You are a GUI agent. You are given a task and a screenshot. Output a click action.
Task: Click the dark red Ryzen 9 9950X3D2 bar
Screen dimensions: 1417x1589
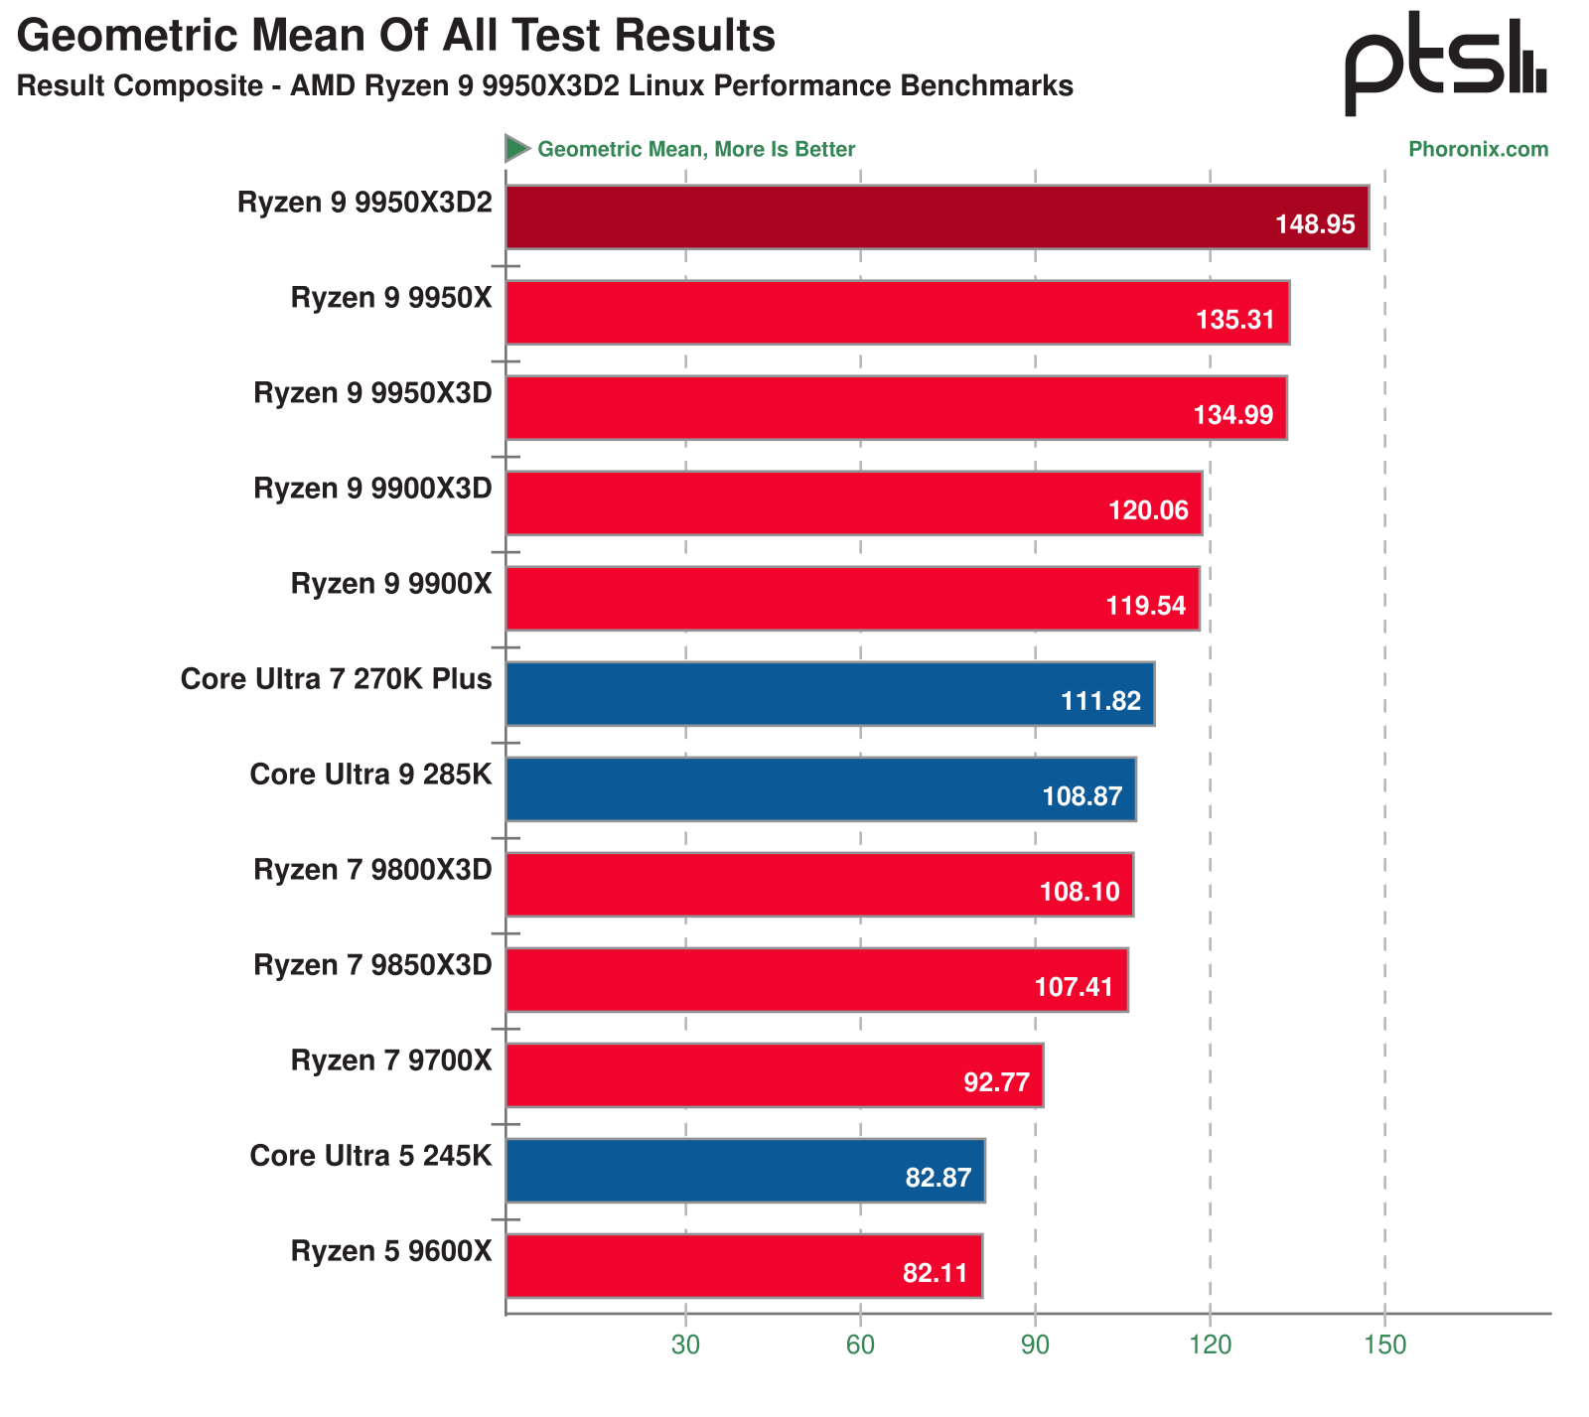click(x=937, y=216)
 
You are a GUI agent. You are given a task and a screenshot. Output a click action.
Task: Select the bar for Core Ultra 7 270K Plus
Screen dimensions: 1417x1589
click(x=829, y=693)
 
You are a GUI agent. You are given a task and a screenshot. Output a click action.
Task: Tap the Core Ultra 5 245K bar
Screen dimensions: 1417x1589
click(x=745, y=1170)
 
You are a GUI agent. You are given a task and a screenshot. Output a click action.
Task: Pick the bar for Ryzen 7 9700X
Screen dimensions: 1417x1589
click(x=774, y=1074)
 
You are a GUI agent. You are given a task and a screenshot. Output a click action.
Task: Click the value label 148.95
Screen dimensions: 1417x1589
click(x=1315, y=224)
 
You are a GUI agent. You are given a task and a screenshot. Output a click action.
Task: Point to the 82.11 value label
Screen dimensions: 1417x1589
click(x=935, y=1273)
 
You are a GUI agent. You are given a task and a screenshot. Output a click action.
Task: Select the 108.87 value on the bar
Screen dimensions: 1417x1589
click(x=1082, y=796)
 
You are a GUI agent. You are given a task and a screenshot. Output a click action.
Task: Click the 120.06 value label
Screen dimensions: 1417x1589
click(x=1148, y=510)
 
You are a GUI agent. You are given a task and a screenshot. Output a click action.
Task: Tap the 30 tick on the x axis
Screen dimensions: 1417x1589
click(x=685, y=1345)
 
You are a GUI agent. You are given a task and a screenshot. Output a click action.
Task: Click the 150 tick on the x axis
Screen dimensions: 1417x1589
click(x=1385, y=1345)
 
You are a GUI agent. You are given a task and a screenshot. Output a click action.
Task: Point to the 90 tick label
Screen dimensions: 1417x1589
click(x=1035, y=1345)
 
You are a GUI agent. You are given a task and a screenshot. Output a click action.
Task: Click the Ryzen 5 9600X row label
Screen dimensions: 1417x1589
click(x=391, y=1251)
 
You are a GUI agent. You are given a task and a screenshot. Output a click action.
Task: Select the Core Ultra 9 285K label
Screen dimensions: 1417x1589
click(x=370, y=775)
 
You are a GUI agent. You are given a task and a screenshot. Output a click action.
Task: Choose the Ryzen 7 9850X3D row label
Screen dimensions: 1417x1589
click(x=372, y=965)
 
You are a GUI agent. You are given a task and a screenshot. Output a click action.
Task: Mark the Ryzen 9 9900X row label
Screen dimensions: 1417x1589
click(x=391, y=584)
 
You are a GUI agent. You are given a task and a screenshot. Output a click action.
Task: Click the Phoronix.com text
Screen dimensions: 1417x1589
click(x=1478, y=149)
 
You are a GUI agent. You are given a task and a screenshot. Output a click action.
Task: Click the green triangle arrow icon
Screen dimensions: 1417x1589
click(x=516, y=148)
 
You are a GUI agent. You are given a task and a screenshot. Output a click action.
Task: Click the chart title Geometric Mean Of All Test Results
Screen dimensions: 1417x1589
click(x=395, y=36)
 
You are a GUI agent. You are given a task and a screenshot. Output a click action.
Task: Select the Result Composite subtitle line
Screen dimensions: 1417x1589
click(x=544, y=86)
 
